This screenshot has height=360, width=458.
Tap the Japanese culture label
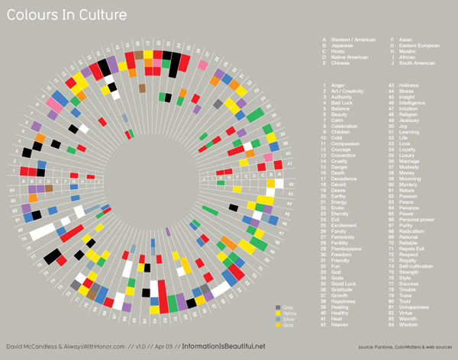pos(341,45)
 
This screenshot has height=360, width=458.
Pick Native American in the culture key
pos(349,57)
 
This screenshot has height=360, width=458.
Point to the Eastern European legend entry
pos(418,45)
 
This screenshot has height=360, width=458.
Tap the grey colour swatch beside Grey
pos(279,286)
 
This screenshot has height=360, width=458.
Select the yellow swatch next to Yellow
pos(279,291)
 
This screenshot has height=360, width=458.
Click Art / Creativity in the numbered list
pos(348,91)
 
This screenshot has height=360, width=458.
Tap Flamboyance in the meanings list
pos(345,249)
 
